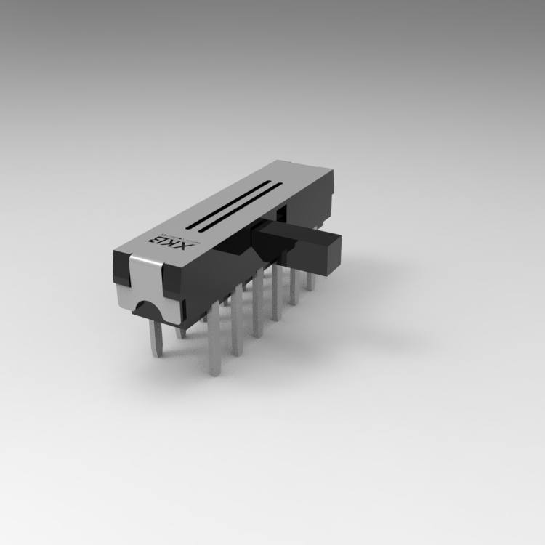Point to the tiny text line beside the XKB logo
click(x=190, y=238)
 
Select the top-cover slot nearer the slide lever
click(x=240, y=209)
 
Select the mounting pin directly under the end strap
click(x=156, y=338)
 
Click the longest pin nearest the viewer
click(x=214, y=345)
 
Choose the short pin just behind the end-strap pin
click(x=180, y=332)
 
